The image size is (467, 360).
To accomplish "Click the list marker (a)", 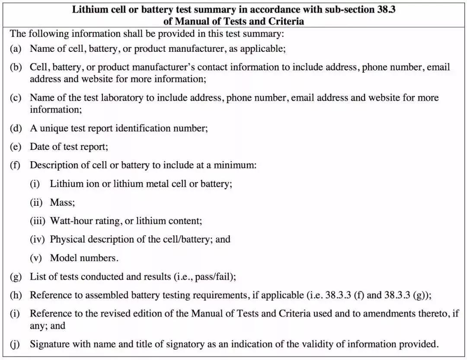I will click(16, 48).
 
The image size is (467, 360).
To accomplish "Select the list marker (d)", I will click(16, 128).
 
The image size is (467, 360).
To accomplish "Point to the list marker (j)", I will click(16, 344).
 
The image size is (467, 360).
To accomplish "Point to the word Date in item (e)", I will click(40, 147).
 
